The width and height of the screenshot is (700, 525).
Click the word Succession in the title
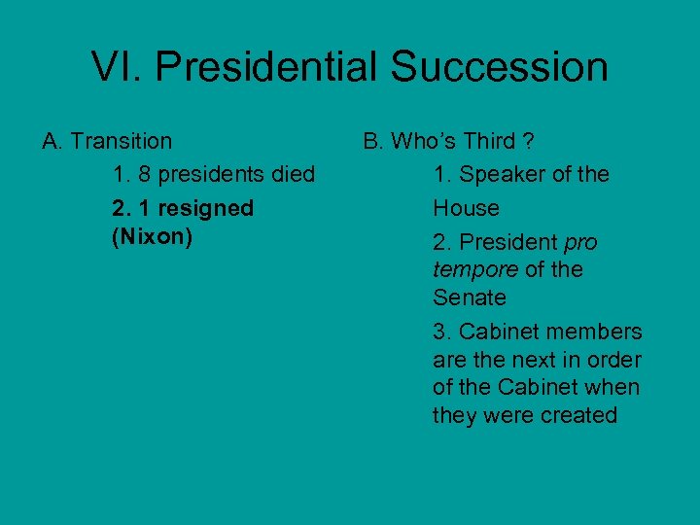[500, 67]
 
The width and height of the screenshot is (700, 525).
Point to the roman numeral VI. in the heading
[117, 67]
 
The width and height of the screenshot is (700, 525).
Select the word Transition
[122, 141]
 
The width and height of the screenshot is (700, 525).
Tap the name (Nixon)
[154, 236]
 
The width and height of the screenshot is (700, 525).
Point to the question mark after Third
[528, 141]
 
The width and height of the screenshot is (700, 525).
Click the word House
[466, 208]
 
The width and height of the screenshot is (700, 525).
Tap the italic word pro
[580, 242]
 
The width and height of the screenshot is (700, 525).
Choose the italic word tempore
[474, 269]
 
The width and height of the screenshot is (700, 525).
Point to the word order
[613, 360]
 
